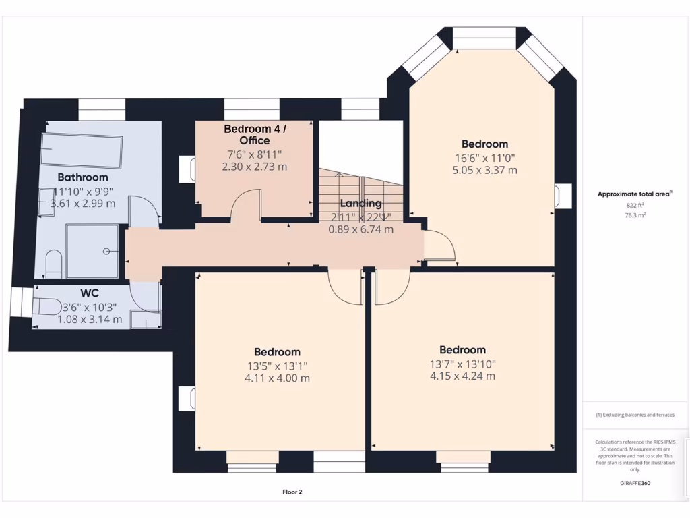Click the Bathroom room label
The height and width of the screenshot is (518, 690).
coord(82,177)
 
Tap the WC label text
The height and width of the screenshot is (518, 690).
coord(90,294)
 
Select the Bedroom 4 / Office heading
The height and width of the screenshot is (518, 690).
coord(255,135)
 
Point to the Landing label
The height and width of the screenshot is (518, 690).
coord(360,203)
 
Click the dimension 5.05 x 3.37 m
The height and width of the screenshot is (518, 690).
coord(484,170)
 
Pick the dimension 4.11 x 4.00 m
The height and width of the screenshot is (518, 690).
coord(277,378)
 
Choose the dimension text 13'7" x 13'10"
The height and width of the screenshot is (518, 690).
coord(462,363)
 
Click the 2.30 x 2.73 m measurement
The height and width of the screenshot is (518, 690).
coord(255,166)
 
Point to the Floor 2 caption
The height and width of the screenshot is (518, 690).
coord(292,492)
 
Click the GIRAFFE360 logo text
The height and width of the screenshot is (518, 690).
coord(635,483)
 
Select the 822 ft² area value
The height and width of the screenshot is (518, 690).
coord(635,205)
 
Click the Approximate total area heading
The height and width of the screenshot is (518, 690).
coord(633,194)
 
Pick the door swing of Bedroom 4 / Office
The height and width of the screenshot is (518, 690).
coord(246,205)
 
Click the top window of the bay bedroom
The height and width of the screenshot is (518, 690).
coord(483,34)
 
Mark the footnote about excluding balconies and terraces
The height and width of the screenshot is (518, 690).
coord(635,415)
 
